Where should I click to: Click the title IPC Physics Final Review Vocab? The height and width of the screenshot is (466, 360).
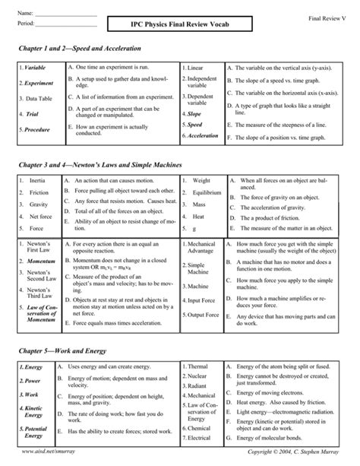coord(179,26)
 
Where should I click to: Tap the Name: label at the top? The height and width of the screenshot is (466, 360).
coord(25,14)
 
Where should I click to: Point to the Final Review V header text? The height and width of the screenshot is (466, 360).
coord(327,17)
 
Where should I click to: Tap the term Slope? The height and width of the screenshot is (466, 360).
coord(194,113)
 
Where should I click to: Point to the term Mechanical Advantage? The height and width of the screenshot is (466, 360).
coord(201,249)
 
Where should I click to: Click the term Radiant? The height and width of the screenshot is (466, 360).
coord(198,385)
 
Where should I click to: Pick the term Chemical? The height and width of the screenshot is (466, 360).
coord(200,428)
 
